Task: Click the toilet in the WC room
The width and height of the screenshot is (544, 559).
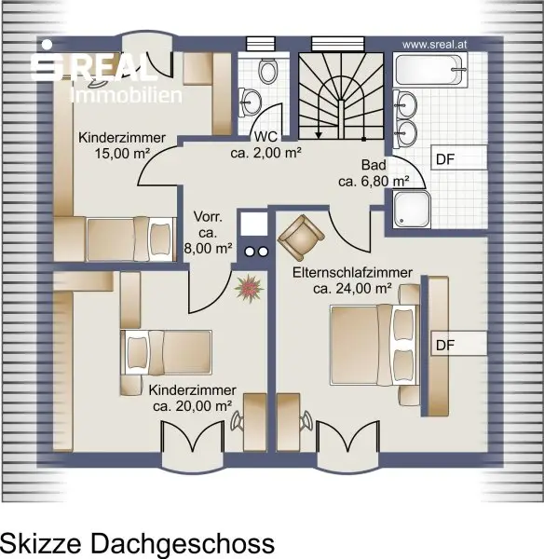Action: point(268,71)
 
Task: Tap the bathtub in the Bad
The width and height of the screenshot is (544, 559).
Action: point(430,70)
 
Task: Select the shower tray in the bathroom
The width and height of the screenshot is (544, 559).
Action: point(412,210)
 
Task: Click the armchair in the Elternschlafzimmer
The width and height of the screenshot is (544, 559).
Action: point(301,237)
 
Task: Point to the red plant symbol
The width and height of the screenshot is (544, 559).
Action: point(250,288)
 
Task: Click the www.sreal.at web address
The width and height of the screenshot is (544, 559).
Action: point(435,45)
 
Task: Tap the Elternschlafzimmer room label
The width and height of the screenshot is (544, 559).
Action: point(352,273)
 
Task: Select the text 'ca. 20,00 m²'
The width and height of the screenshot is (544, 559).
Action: point(193,405)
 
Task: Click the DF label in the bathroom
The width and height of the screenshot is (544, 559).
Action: point(445,159)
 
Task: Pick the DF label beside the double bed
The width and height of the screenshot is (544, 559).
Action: point(445,345)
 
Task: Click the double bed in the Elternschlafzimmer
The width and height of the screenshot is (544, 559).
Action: point(374,345)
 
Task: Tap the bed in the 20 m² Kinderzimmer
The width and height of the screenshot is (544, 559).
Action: point(167,352)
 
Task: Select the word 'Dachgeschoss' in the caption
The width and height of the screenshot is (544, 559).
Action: point(183,544)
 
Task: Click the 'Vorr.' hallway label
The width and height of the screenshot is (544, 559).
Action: point(208,217)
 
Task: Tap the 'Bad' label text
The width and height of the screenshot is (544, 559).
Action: point(374,165)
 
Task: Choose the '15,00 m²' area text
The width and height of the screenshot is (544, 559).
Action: point(122,154)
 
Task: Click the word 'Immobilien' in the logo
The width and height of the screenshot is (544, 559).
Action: point(128,95)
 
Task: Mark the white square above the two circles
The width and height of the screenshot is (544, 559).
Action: point(253,224)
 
